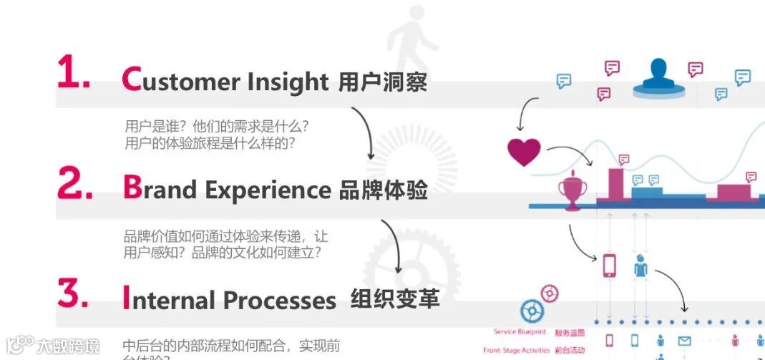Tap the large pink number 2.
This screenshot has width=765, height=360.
coord(74,185)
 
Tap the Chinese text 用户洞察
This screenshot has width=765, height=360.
coord(382,82)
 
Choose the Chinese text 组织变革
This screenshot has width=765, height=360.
coord(395,298)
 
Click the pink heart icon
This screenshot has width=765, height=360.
coord(524,152)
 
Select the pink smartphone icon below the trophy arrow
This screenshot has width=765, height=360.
coord(609,266)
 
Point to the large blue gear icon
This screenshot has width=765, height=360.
coord(532,311)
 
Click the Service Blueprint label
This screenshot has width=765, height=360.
coord(520,332)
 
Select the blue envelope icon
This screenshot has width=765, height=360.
coord(684,341)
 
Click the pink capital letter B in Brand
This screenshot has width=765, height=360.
coord(132,187)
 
